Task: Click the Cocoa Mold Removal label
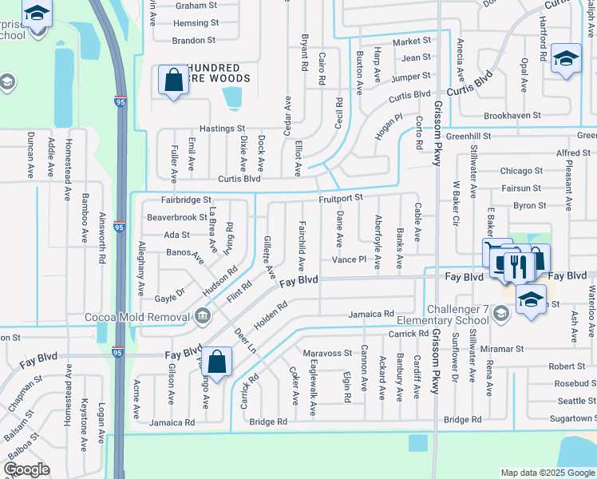tap(139, 316)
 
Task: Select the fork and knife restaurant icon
tap(520, 266)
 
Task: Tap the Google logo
tap(26, 469)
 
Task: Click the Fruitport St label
tap(341, 197)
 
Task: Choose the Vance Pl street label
tap(349, 260)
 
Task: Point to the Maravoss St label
tap(327, 352)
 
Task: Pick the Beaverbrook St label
tap(177, 217)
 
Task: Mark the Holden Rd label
tap(271, 316)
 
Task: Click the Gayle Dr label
tap(170, 297)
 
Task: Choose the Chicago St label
tap(521, 170)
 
